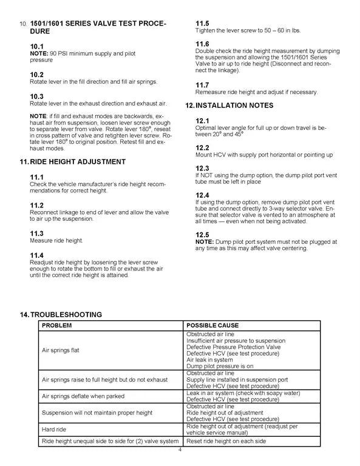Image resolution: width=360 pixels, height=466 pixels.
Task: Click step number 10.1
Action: click(37, 46)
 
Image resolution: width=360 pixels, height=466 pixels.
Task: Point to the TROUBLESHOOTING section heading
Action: click(66, 314)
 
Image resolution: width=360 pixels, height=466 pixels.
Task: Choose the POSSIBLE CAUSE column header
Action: click(212, 325)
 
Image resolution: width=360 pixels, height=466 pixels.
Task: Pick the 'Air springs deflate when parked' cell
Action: click(83, 396)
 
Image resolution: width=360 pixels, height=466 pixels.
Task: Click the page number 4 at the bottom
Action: click(180, 450)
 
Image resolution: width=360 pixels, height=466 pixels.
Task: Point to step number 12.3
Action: click(202, 168)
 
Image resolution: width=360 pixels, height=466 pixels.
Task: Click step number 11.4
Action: click(37, 254)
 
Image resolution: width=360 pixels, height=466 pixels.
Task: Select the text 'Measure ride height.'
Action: click(56, 241)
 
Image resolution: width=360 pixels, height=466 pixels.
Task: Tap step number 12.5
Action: click(202, 235)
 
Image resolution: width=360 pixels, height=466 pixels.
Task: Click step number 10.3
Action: click(37, 96)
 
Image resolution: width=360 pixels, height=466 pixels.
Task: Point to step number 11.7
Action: click(202, 84)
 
